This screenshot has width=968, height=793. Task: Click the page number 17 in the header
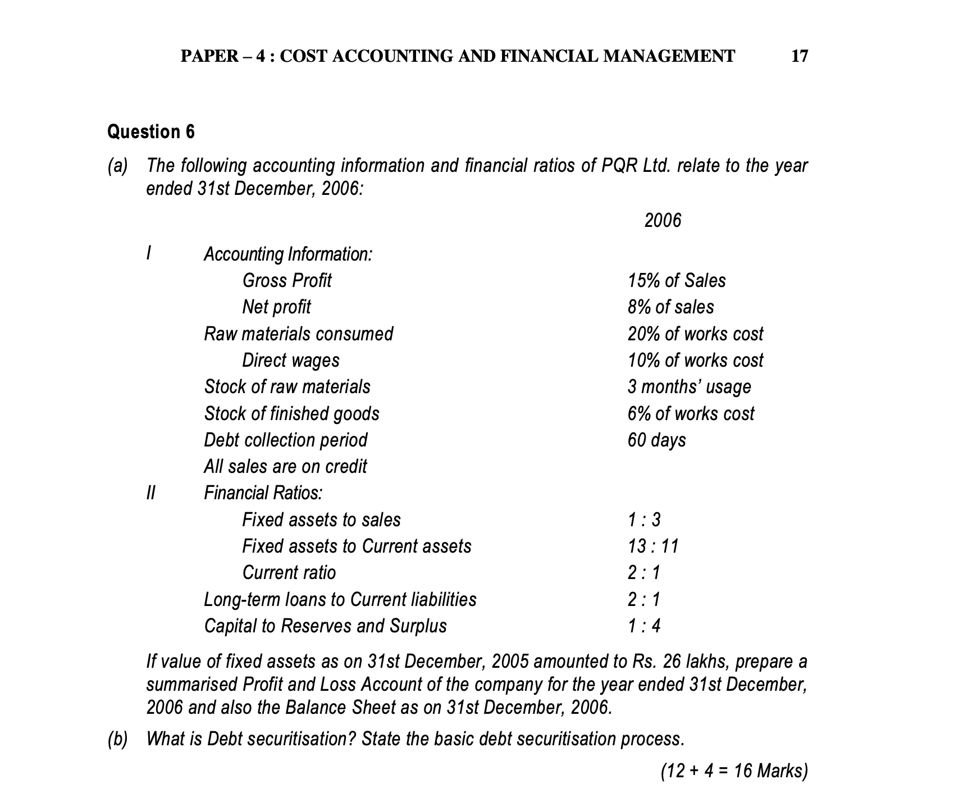[x=799, y=56]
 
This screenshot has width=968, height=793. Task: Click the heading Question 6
[x=151, y=132]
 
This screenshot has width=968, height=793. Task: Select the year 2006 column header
[x=663, y=221]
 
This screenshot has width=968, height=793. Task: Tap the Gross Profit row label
[x=286, y=281]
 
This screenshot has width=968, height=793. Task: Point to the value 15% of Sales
[x=677, y=281]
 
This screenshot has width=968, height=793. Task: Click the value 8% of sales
[x=670, y=307]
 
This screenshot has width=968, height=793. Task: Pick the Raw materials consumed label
[x=298, y=334]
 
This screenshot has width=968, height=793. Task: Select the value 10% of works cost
[x=695, y=361]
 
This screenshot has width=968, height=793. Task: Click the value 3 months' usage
[x=689, y=387]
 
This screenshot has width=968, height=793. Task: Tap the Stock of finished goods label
[x=291, y=414]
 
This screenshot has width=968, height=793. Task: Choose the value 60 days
[x=656, y=440]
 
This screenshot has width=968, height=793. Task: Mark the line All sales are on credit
[x=285, y=467]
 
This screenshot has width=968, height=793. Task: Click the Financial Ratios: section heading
[x=263, y=493]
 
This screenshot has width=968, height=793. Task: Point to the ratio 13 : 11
[x=653, y=546]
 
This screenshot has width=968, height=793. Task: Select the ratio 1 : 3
[x=644, y=520]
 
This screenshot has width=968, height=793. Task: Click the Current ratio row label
[x=289, y=573]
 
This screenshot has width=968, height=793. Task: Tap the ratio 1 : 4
[x=644, y=626]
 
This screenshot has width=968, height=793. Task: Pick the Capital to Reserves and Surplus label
[x=325, y=626]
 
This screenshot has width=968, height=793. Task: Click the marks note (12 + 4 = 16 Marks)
[x=734, y=771]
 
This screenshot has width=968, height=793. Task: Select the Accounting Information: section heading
[x=287, y=254]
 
